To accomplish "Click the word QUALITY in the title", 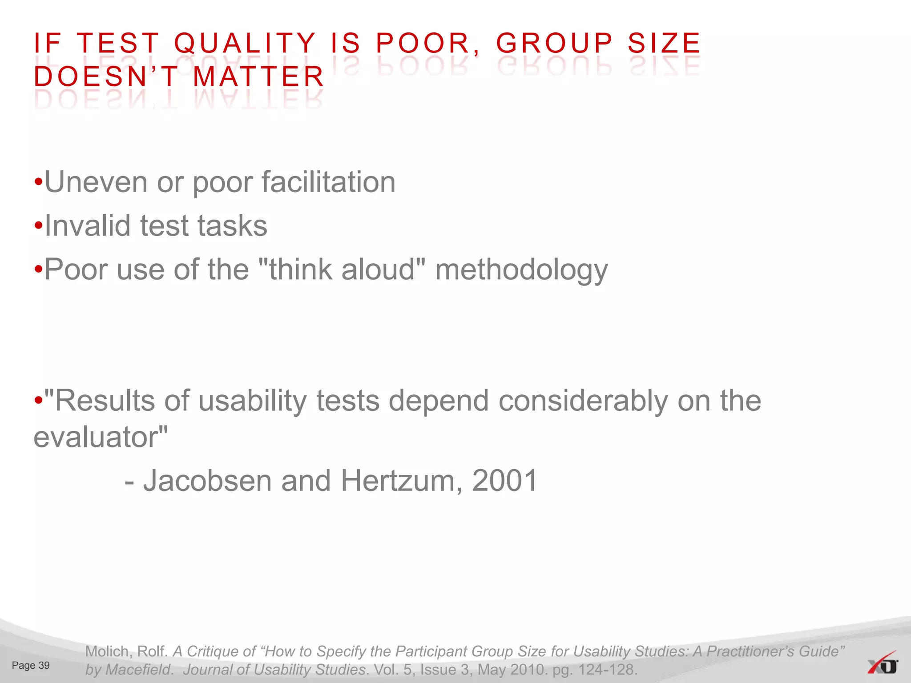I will (x=245, y=44).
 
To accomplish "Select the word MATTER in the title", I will (x=259, y=76).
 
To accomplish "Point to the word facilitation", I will (x=328, y=182).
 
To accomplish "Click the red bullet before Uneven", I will (x=39, y=183).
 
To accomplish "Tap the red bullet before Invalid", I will (x=39, y=226).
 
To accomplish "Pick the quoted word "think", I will (x=295, y=269).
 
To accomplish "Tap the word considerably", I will (x=583, y=401).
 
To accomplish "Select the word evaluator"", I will (x=101, y=438).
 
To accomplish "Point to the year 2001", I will (x=505, y=481).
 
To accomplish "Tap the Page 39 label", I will (x=31, y=666).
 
